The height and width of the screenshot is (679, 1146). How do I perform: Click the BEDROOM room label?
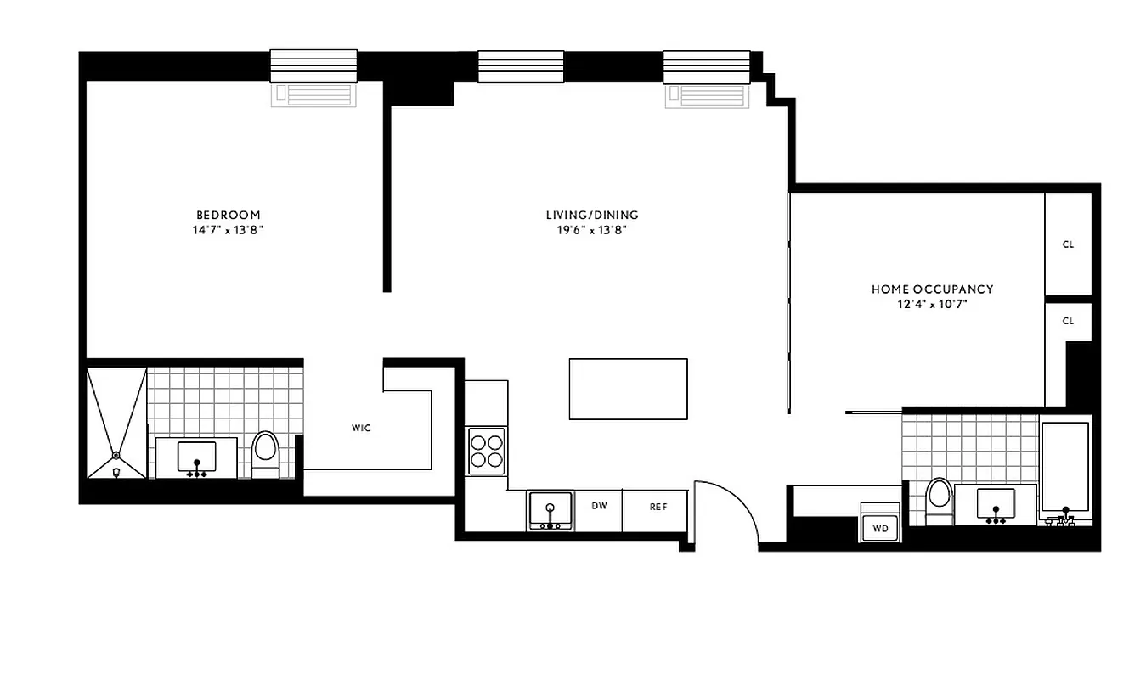229,215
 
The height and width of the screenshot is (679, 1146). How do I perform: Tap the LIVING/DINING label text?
592,215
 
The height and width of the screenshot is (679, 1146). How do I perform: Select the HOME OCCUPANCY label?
932,289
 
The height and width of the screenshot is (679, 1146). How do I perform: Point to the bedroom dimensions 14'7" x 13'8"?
229,230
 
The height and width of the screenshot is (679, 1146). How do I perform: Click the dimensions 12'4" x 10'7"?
932,304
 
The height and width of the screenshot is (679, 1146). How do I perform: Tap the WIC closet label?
361,428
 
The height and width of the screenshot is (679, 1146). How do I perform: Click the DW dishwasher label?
599,507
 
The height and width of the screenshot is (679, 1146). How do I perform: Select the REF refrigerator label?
658,507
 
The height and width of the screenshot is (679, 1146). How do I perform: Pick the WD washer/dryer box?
881,528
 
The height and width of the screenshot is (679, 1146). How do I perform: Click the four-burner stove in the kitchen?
487,450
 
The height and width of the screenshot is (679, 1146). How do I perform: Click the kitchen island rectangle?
628,389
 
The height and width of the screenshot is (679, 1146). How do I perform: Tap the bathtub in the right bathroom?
1065,469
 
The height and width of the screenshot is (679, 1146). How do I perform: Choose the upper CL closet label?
1068,244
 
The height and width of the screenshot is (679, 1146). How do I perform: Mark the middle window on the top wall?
521,65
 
